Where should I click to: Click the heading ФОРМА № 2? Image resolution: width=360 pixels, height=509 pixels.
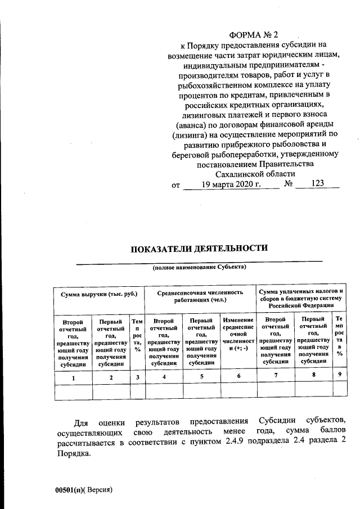coord(257,35)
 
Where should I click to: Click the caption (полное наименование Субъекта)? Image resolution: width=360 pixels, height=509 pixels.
coord(200,268)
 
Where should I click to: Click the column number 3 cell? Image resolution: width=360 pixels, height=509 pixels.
coord(137,377)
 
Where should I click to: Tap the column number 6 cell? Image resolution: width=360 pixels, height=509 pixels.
coord(238,376)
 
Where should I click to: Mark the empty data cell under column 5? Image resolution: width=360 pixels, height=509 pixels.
coord(201,391)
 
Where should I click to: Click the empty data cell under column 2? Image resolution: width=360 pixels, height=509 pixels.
coord(111,391)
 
